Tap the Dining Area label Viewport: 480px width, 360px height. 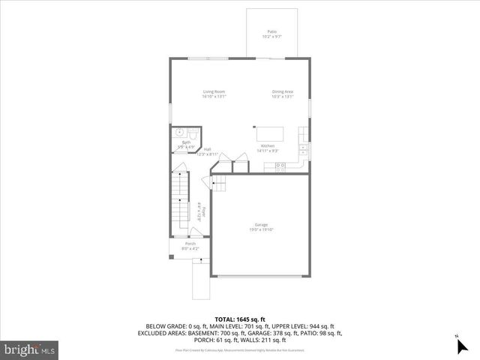[x=282, y=91]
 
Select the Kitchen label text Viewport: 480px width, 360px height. [x=268, y=145]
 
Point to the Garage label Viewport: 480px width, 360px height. [x=261, y=225]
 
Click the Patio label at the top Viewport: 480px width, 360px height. [x=271, y=31]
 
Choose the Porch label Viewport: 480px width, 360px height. [x=190, y=243]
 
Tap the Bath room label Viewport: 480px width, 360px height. [x=185, y=142]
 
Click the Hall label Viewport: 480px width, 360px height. [x=206, y=149]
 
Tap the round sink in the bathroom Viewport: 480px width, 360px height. [x=181, y=133]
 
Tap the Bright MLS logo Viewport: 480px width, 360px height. [x=30, y=349]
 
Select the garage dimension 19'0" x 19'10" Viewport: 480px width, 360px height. [x=261, y=229]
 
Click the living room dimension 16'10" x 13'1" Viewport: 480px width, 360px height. [x=214, y=96]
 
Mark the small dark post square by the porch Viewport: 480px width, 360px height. [x=172, y=257]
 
